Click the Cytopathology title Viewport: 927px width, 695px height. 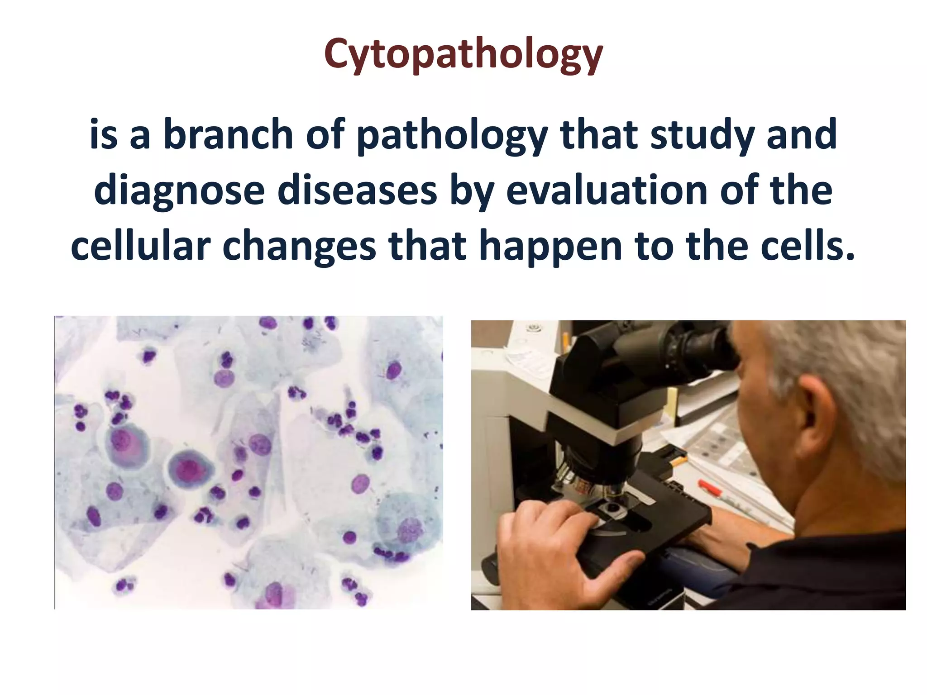click(463, 54)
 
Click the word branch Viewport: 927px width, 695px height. click(228, 134)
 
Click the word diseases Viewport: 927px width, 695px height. click(357, 190)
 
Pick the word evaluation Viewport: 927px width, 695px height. click(607, 190)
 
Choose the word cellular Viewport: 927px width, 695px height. click(140, 246)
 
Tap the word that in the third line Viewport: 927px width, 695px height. click(428, 246)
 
